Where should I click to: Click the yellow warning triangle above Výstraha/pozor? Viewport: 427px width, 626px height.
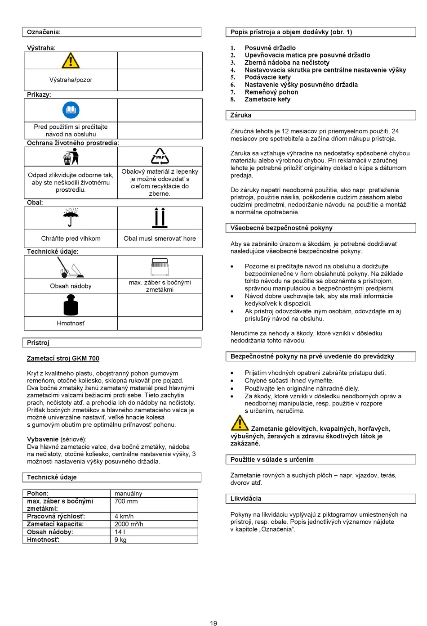pyautogui.click(x=71, y=61)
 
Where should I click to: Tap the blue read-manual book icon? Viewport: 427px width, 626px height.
pyautogui.click(x=71, y=110)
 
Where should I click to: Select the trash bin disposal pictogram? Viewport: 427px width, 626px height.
pyautogui.click(x=71, y=157)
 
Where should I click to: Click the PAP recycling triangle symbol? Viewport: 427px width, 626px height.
pyautogui.click(x=160, y=156)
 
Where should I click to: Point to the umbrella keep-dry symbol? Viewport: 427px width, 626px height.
pyautogui.click(x=71, y=218)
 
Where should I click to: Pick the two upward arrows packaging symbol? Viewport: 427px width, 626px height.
pyautogui.click(x=160, y=218)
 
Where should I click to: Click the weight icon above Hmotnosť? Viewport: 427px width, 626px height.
pyautogui.click(x=71, y=305)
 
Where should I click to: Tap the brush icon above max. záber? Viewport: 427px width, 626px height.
pyautogui.click(x=160, y=266)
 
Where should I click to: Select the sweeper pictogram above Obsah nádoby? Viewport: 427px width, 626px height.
pyautogui.click(x=71, y=267)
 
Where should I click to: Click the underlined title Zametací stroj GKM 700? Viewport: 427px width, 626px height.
pyautogui.click(x=63, y=359)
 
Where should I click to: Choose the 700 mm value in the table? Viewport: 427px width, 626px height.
pyautogui.click(x=126, y=501)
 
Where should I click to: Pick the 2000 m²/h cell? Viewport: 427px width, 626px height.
pyautogui.click(x=129, y=524)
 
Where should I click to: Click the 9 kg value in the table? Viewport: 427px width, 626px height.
pyautogui.click(x=120, y=540)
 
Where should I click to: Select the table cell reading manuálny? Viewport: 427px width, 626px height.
pyautogui.click(x=129, y=494)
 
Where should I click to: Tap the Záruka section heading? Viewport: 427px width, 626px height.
pyautogui.click(x=241, y=115)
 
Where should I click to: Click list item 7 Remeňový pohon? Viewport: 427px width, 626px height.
pyautogui.click(x=271, y=92)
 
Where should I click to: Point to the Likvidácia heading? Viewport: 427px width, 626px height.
pyautogui.click(x=246, y=499)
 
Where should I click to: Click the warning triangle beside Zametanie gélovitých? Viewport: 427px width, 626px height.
pyautogui.click(x=240, y=423)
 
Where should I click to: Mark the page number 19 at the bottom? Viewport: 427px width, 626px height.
pyautogui.click(x=213, y=623)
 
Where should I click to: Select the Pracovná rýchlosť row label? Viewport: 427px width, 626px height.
pyautogui.click(x=56, y=517)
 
